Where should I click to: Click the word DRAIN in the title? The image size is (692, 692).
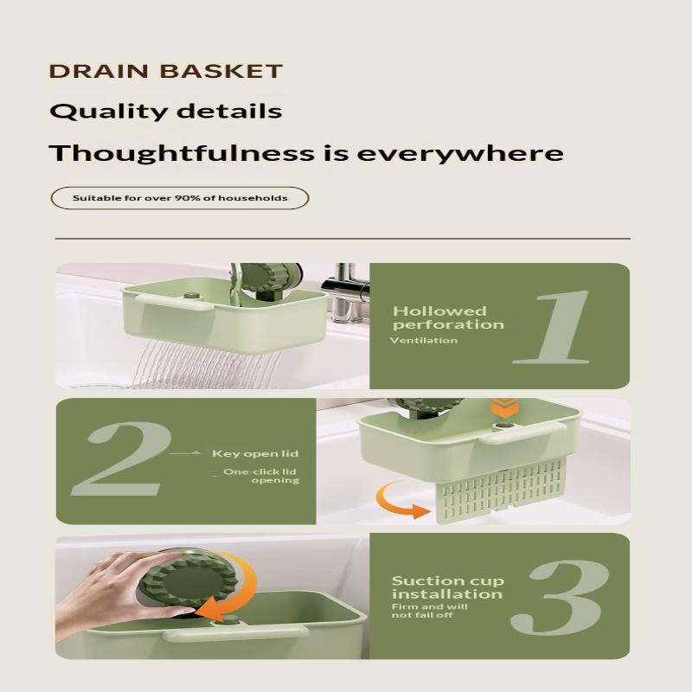[99, 72]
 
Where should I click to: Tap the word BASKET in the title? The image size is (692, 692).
[221, 72]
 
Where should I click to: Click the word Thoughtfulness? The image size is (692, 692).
[182, 153]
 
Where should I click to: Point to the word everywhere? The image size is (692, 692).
[460, 154]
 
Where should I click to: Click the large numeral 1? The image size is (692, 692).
[552, 327]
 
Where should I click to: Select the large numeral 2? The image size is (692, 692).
[120, 458]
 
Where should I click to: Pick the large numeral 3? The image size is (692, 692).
[560, 597]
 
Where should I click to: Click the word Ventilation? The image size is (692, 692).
[424, 340]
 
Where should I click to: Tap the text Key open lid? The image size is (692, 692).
[255, 453]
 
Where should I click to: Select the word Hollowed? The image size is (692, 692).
[439, 311]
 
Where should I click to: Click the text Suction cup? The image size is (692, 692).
[448, 580]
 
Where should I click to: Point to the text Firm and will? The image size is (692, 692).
[429, 606]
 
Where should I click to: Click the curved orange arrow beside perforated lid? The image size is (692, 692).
[400, 501]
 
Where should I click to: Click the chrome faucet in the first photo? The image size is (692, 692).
[344, 293]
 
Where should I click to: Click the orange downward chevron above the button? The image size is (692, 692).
[504, 408]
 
